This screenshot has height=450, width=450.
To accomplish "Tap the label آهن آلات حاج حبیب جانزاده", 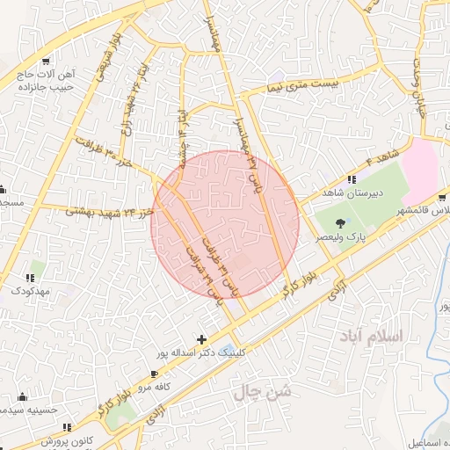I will [x=49, y=82].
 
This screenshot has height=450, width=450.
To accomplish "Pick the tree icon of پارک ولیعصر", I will [x=341, y=223].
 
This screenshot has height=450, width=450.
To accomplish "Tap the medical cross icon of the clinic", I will [x=202, y=339].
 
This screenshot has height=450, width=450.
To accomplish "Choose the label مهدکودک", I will [x=30, y=289].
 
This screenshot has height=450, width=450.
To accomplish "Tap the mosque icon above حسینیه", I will [x=22, y=396].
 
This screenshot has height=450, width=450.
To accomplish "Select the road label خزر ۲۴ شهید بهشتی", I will [x=101, y=211].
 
